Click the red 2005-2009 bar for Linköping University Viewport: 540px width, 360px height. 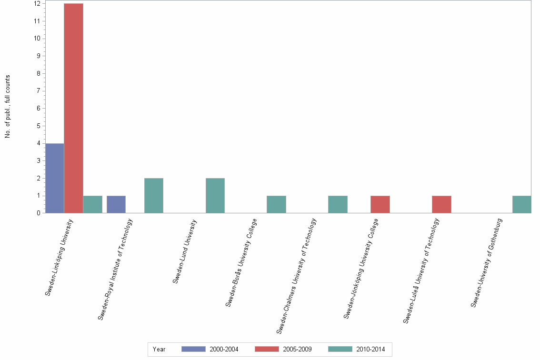[73, 108]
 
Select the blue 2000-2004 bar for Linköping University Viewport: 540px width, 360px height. [55, 178]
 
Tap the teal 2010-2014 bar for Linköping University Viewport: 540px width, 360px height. [92, 204]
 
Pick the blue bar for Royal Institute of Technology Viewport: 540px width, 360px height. [116, 204]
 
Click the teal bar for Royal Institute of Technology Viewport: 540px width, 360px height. [153, 196]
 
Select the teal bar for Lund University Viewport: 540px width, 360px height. [215, 196]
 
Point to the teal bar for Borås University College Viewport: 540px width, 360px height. [276, 204]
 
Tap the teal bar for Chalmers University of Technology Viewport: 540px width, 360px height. [338, 204]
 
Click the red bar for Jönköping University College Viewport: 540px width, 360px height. [380, 204]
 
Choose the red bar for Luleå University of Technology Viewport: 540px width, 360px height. [441, 204]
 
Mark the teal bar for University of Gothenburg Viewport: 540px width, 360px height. [521, 204]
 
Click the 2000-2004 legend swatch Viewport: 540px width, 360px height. [193, 349]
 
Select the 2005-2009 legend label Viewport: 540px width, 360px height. [297, 349]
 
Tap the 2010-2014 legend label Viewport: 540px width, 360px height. [370, 349]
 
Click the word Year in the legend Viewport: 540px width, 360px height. [159, 349]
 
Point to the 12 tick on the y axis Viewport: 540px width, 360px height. [37, 4]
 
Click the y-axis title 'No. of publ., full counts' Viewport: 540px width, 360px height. [7, 107]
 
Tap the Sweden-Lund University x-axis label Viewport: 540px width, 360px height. [185, 251]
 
